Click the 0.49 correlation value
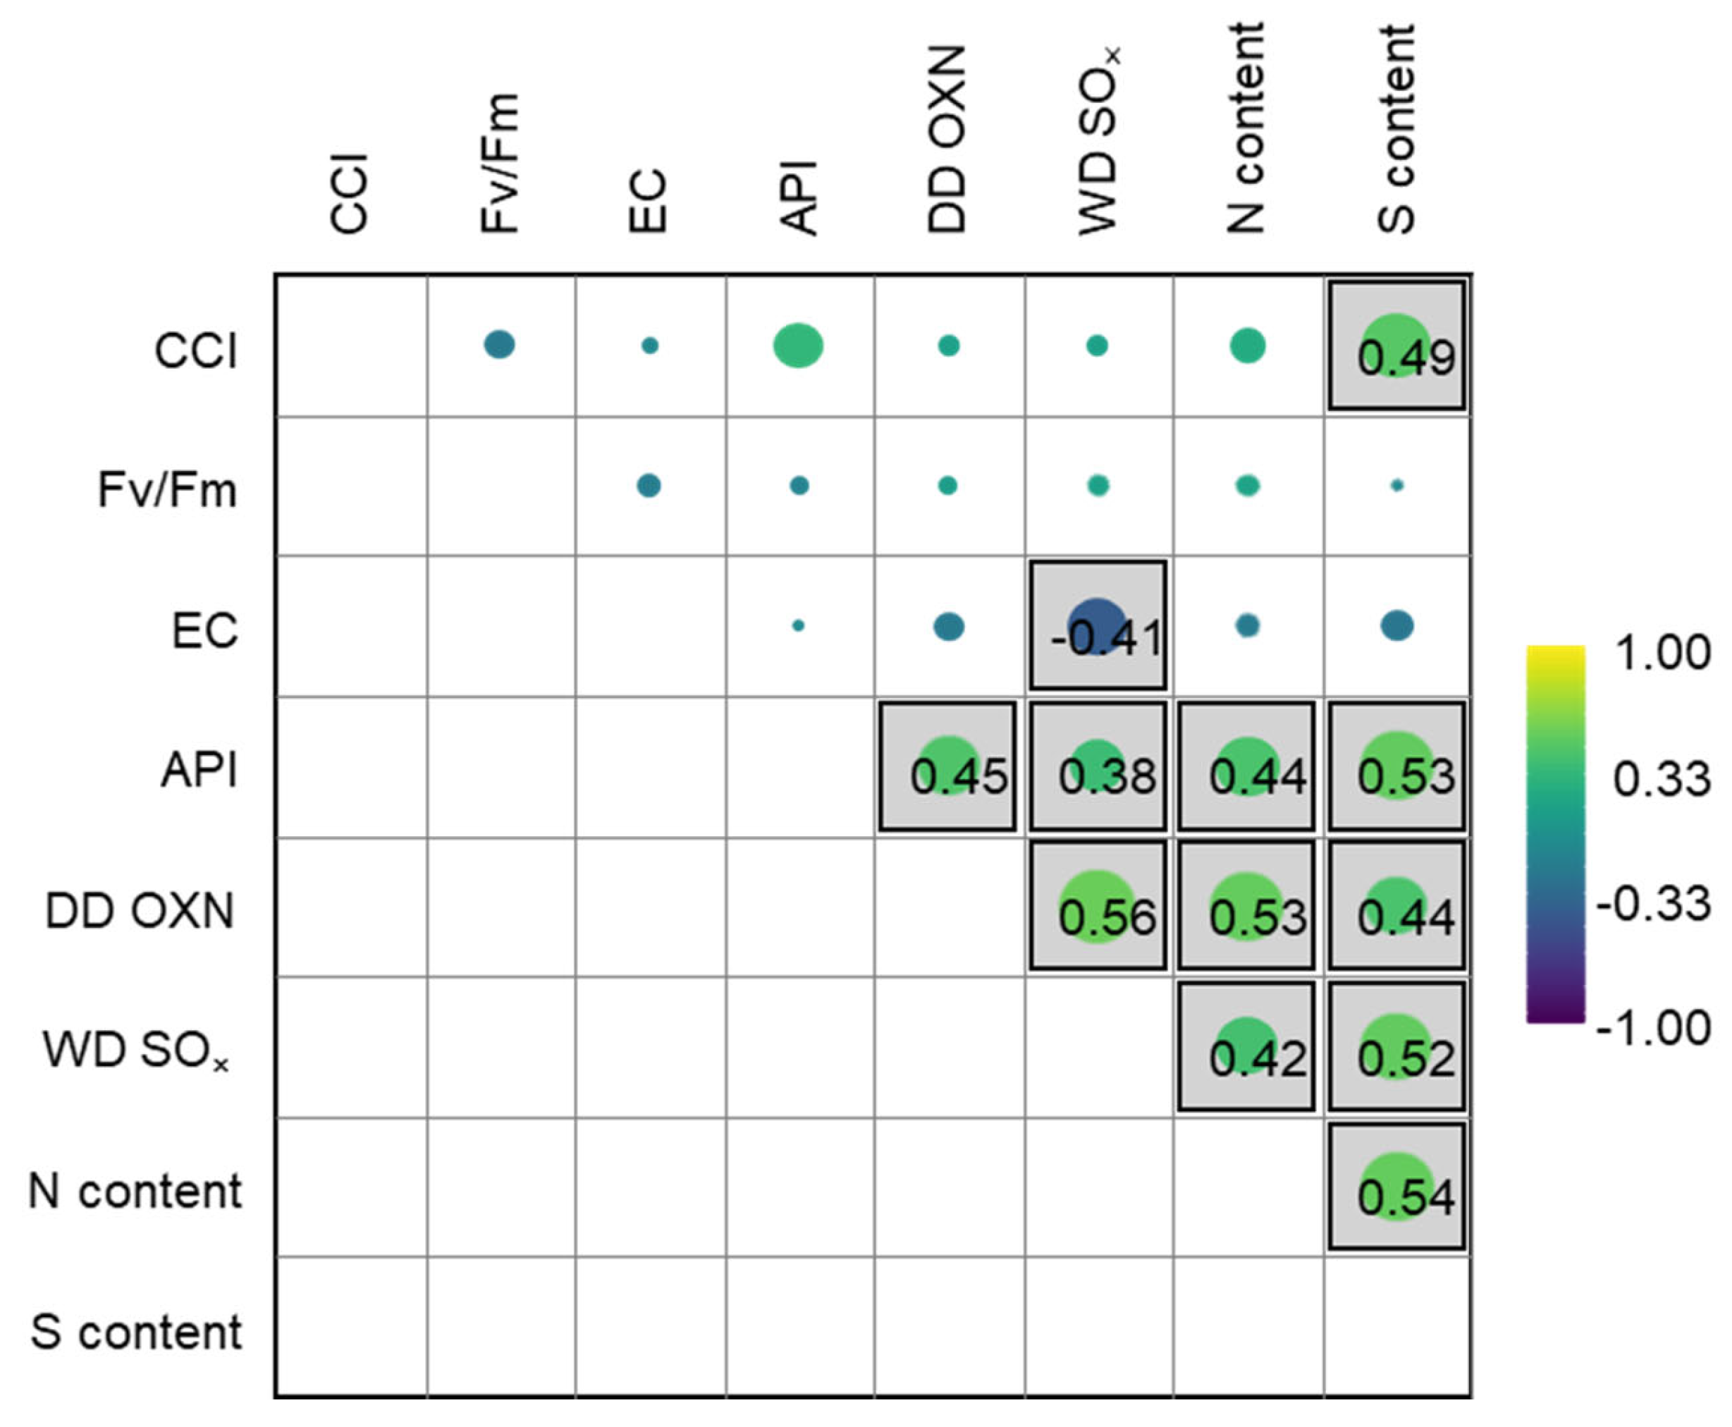(x=1406, y=357)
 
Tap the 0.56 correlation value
(x=1107, y=917)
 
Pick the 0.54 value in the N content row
(x=1406, y=1197)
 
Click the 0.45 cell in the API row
(x=959, y=777)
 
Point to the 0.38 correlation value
(x=1107, y=777)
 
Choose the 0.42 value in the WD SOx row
(x=1257, y=1058)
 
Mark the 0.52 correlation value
(x=1406, y=1058)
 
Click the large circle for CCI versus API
(x=798, y=345)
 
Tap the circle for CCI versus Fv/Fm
(x=499, y=345)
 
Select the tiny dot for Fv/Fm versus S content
(x=1396, y=486)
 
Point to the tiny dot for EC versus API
(x=798, y=625)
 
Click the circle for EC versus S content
(x=1396, y=625)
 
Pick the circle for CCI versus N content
(x=1247, y=345)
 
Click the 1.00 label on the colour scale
(x=1662, y=653)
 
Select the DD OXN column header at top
(x=947, y=140)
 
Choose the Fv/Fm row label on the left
(x=168, y=490)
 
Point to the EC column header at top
(x=648, y=202)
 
